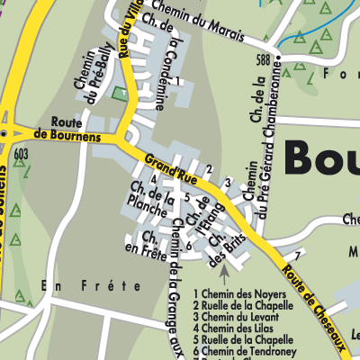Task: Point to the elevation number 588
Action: [x=263, y=60]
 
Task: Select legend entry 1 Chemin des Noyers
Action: [x=239, y=294]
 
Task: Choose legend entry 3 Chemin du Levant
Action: [x=238, y=317]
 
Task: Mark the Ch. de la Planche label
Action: [x=151, y=200]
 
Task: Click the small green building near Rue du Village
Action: [x=120, y=92]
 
